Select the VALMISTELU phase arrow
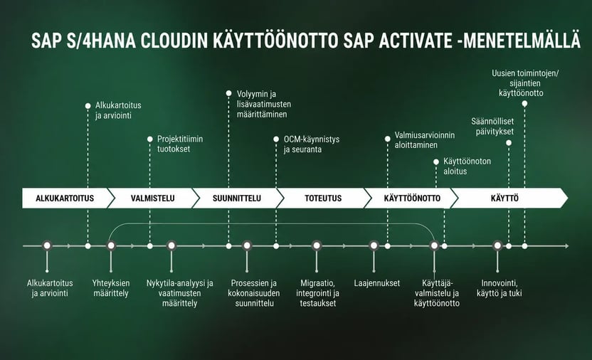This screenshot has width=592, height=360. pyautogui.click(x=153, y=198)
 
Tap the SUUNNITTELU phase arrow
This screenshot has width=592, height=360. pyautogui.click(x=237, y=198)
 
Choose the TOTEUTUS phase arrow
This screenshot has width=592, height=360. pyautogui.click(x=323, y=198)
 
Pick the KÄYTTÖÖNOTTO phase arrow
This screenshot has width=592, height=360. pyautogui.click(x=412, y=198)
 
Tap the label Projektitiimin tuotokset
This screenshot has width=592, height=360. pyautogui.click(x=180, y=144)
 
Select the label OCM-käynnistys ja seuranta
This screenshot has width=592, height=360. pyautogui.click(x=312, y=144)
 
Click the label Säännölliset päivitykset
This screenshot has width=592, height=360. pyautogui.click(x=492, y=127)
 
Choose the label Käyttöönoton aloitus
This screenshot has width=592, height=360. pyautogui.click(x=467, y=166)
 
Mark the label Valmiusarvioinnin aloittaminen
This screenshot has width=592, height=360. pyautogui.click(x=425, y=140)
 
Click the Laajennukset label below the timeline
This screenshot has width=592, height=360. pyautogui.click(x=377, y=283)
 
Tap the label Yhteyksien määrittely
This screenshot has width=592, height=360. pyautogui.click(x=111, y=288)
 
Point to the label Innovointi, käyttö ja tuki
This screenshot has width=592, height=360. pyautogui.click(x=499, y=288)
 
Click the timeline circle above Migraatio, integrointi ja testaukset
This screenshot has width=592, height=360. pyautogui.click(x=317, y=245)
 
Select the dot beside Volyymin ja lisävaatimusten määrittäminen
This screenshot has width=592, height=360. pyautogui.click(x=229, y=93)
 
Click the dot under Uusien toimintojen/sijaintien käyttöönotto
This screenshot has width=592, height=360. pyautogui.click(x=524, y=104)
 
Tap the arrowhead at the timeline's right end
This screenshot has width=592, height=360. pyautogui.click(x=566, y=246)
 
